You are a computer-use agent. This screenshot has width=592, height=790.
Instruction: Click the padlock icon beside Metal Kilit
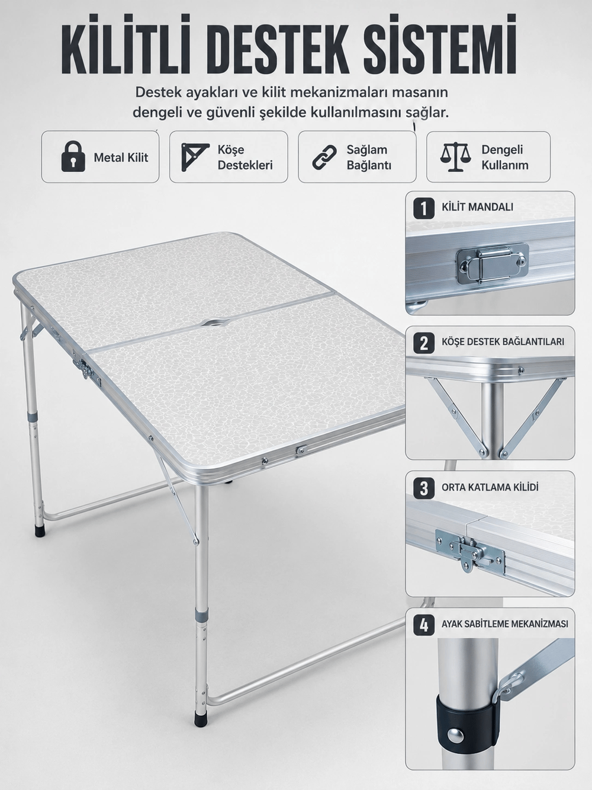73,156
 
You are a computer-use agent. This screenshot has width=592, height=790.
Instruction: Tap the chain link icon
324,157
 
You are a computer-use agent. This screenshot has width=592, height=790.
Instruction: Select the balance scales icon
455,156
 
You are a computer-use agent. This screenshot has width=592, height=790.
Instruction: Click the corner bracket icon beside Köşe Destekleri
195,157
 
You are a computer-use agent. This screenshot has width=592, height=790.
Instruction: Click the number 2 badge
424,343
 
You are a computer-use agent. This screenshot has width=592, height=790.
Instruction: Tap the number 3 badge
424,488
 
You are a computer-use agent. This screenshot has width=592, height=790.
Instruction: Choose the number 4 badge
424,625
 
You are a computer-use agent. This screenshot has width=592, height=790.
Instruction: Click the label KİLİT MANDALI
477,207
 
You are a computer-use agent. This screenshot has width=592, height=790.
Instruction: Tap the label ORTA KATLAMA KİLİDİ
490,488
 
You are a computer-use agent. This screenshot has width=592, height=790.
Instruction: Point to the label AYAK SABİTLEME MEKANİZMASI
505,624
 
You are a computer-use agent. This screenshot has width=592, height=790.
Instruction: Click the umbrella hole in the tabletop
213,322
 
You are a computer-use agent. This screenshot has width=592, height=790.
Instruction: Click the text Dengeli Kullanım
504,157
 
